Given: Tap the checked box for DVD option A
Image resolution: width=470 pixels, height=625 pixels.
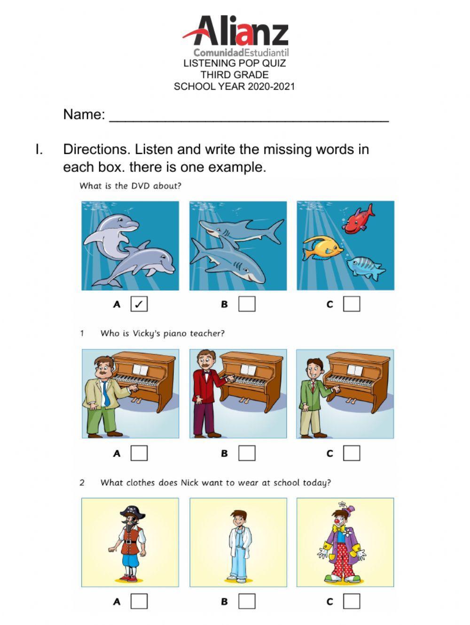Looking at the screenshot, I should pos(139,304).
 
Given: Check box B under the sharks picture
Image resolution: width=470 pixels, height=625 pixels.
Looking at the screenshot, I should pos(247,304).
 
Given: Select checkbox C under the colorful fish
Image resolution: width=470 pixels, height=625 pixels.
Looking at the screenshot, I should pos(352,304).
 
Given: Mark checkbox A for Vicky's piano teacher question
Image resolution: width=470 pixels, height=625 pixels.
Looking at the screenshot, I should pos(139,453).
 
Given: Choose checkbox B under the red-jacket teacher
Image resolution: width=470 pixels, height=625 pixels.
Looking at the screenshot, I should pos(247,453).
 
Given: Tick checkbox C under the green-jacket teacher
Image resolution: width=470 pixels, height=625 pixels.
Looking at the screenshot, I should pos(352,453).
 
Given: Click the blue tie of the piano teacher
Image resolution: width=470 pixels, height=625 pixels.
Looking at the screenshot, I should pos(106,394).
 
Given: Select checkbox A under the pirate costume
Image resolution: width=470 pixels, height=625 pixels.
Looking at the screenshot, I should pos(139,602).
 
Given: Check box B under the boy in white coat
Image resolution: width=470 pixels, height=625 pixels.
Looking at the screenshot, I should pos(247,602).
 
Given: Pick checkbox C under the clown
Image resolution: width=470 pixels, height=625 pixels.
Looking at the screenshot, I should pos(352,602).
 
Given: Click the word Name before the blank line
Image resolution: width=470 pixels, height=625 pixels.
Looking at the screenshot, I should pos(83,115).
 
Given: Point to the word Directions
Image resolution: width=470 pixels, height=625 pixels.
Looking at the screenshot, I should pos(96,149).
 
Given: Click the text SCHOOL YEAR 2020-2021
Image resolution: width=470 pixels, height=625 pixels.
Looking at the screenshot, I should pos(234,87).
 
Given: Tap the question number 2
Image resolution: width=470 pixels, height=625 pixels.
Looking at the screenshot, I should pos(82,483).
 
